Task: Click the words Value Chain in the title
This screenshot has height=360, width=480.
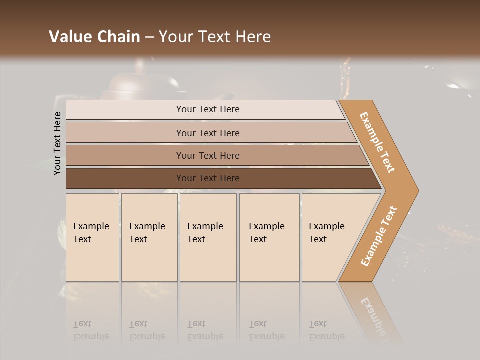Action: [x=94, y=37]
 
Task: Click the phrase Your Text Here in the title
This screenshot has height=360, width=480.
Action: [x=215, y=37]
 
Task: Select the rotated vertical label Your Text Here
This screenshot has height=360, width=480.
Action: [x=57, y=143]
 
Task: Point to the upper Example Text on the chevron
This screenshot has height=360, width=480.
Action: [x=377, y=142]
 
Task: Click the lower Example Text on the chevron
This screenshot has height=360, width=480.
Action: [x=379, y=236]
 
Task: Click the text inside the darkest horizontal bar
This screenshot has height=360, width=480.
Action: [x=208, y=178]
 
